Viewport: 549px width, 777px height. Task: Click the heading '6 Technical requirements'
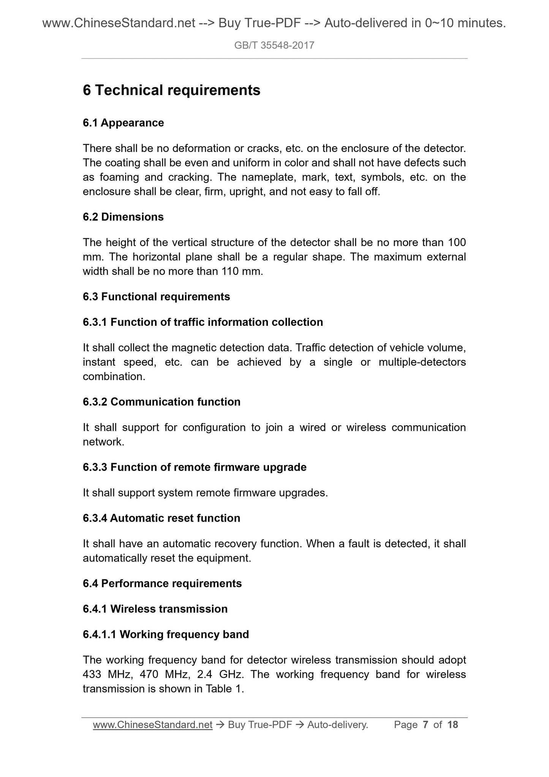click(171, 90)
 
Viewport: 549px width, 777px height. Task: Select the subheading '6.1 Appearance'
click(123, 123)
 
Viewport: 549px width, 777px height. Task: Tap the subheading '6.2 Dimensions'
click(123, 217)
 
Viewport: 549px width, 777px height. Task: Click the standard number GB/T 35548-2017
click(274, 46)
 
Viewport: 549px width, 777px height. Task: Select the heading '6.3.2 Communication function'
click(161, 402)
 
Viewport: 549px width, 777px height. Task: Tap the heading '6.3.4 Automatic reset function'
click(161, 518)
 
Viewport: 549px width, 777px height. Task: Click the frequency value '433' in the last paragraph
click(92, 674)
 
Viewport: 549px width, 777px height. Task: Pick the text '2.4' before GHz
click(205, 674)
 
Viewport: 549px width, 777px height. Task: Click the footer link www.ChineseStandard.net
click(152, 725)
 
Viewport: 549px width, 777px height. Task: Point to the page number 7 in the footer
click(426, 725)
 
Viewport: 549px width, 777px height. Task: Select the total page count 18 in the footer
click(453, 725)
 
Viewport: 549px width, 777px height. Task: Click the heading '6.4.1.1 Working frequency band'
click(166, 634)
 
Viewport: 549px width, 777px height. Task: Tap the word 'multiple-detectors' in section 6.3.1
click(422, 362)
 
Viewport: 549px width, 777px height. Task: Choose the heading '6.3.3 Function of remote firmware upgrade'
click(195, 467)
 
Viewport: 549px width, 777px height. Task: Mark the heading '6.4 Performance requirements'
click(162, 584)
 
